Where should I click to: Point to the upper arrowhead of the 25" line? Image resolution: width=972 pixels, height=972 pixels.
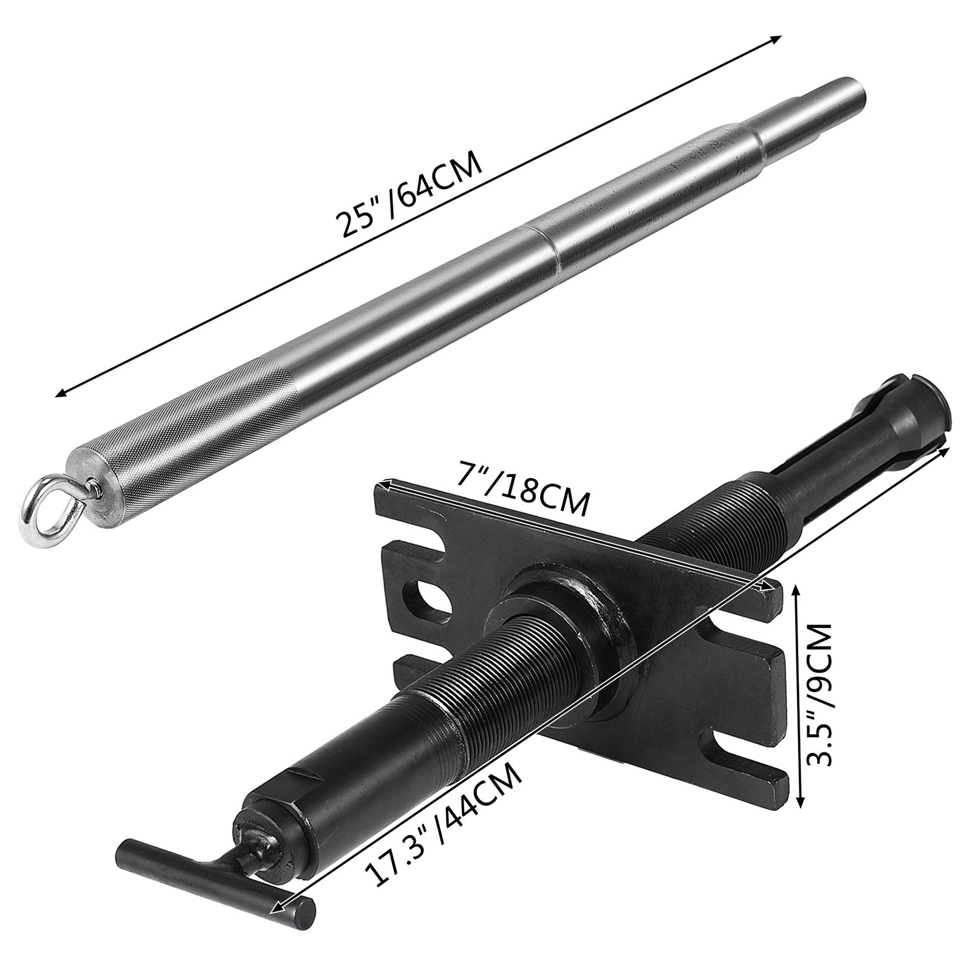pos(776,38)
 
